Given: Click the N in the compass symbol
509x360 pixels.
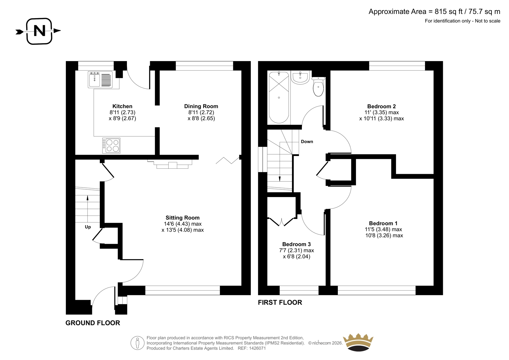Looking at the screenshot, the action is tap(39, 31).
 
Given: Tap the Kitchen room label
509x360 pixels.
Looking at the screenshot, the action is tap(122, 106).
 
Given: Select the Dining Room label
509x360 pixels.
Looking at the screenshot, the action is tap(201, 106).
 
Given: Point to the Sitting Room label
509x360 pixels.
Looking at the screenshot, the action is tap(183, 218).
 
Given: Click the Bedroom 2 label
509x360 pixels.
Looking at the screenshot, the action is tap(381, 106).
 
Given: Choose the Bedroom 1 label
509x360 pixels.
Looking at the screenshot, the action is tap(383, 223).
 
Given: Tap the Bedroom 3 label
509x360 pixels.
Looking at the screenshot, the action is tap(296, 244).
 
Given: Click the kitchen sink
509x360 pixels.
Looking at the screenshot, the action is tap(100, 79).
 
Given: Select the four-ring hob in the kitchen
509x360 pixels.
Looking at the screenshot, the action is tap(111, 145).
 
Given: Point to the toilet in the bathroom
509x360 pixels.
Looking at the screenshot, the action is tap(318, 87).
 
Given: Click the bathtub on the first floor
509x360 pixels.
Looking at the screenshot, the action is tap(279, 97).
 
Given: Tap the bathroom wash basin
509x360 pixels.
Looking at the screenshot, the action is tap(300, 78).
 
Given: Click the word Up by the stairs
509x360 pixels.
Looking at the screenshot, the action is tap(88, 227).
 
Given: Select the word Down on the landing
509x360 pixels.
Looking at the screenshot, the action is tap(307, 141).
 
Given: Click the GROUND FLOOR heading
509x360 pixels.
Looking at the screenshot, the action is tap(93, 323).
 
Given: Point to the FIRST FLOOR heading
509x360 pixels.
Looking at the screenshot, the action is tap(280, 302).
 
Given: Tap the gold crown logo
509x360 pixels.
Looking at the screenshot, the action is tap(358, 342).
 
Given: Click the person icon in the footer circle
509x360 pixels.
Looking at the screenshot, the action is tap(137, 343).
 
